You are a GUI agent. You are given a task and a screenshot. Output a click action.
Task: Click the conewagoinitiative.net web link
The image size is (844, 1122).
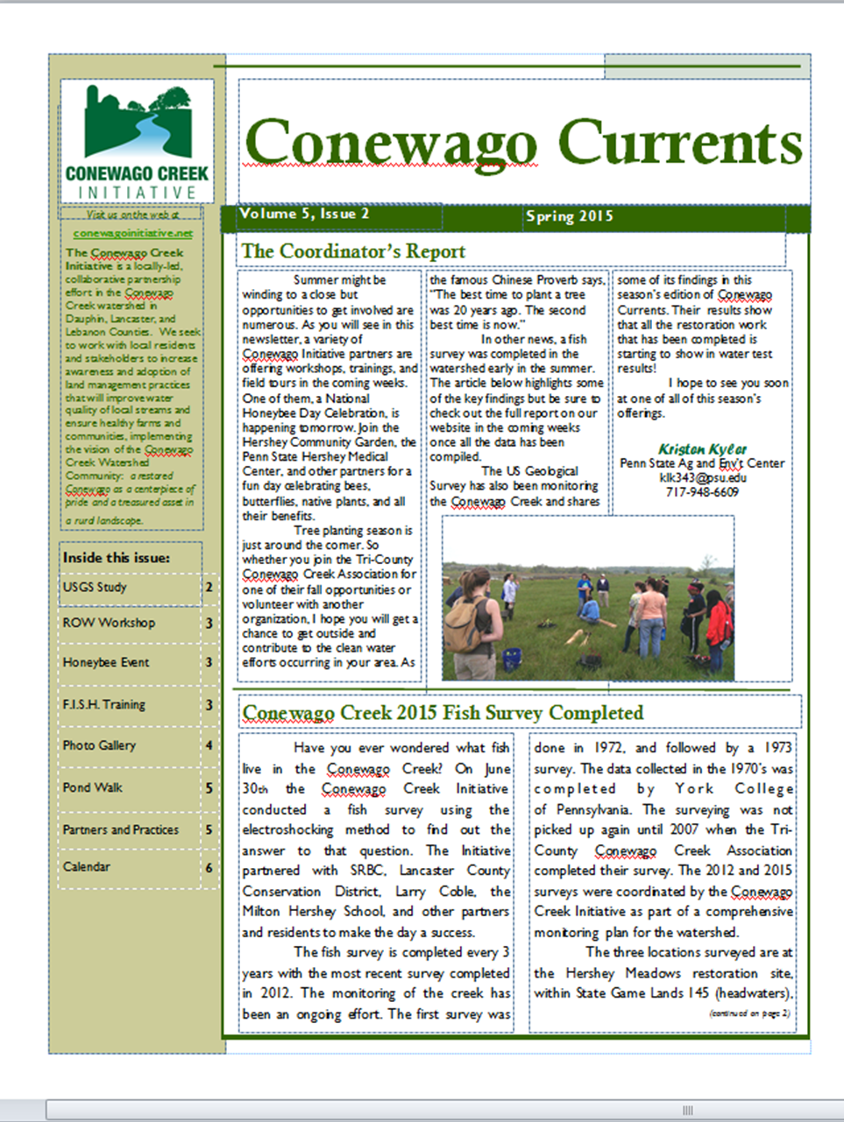pos(133,234)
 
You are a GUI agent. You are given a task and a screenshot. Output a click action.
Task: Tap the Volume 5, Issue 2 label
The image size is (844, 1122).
pos(304,214)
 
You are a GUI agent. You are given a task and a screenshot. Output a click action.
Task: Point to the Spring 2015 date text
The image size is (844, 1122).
pos(570,216)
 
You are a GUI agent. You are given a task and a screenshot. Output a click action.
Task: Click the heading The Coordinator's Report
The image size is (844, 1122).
pos(353,252)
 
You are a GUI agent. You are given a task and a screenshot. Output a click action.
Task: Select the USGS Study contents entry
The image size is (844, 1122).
pos(95,587)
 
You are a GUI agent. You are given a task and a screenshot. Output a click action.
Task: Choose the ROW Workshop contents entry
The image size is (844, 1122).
pos(109,623)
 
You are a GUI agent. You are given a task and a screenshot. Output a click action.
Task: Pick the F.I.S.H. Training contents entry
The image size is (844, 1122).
pos(104,704)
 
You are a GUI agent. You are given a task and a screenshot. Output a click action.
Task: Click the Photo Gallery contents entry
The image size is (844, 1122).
pos(99,745)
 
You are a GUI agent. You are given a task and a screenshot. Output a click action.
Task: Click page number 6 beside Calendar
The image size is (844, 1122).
pos(209,867)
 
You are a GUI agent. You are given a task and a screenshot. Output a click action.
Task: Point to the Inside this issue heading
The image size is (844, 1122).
pos(117,558)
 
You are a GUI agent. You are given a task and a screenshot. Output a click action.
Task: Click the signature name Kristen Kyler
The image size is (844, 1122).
pos(702,448)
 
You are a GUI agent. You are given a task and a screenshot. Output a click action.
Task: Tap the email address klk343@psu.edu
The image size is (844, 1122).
pos(703,478)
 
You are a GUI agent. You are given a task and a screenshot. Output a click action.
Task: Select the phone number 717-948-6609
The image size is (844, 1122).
pos(702,492)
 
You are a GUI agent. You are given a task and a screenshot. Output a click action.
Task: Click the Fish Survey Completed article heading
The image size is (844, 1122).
pos(443,713)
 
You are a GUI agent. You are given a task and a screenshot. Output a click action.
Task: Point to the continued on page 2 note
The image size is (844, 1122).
pos(749,1013)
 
